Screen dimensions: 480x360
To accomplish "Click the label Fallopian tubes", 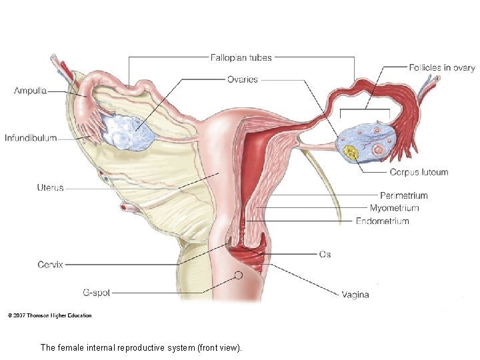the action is (241, 57).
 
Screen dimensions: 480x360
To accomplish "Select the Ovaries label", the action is (242, 79).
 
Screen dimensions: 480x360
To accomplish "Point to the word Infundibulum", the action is (31, 139).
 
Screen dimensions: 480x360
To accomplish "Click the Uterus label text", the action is (51, 187).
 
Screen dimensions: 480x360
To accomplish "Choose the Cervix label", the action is (51, 265).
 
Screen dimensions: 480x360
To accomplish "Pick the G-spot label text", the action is (97, 292).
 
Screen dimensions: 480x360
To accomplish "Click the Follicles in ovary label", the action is (441, 67).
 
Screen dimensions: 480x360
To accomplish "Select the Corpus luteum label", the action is (419, 172).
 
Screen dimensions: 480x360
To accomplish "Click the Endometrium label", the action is (383, 221).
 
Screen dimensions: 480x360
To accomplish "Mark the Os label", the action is (325, 254).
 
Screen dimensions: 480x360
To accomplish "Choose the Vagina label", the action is (355, 294).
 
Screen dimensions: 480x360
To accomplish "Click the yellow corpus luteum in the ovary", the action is (351, 153).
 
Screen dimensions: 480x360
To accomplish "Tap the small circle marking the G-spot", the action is (238, 275).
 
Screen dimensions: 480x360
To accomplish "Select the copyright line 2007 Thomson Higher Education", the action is (50, 315).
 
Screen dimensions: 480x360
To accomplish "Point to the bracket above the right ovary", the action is (365, 109).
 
